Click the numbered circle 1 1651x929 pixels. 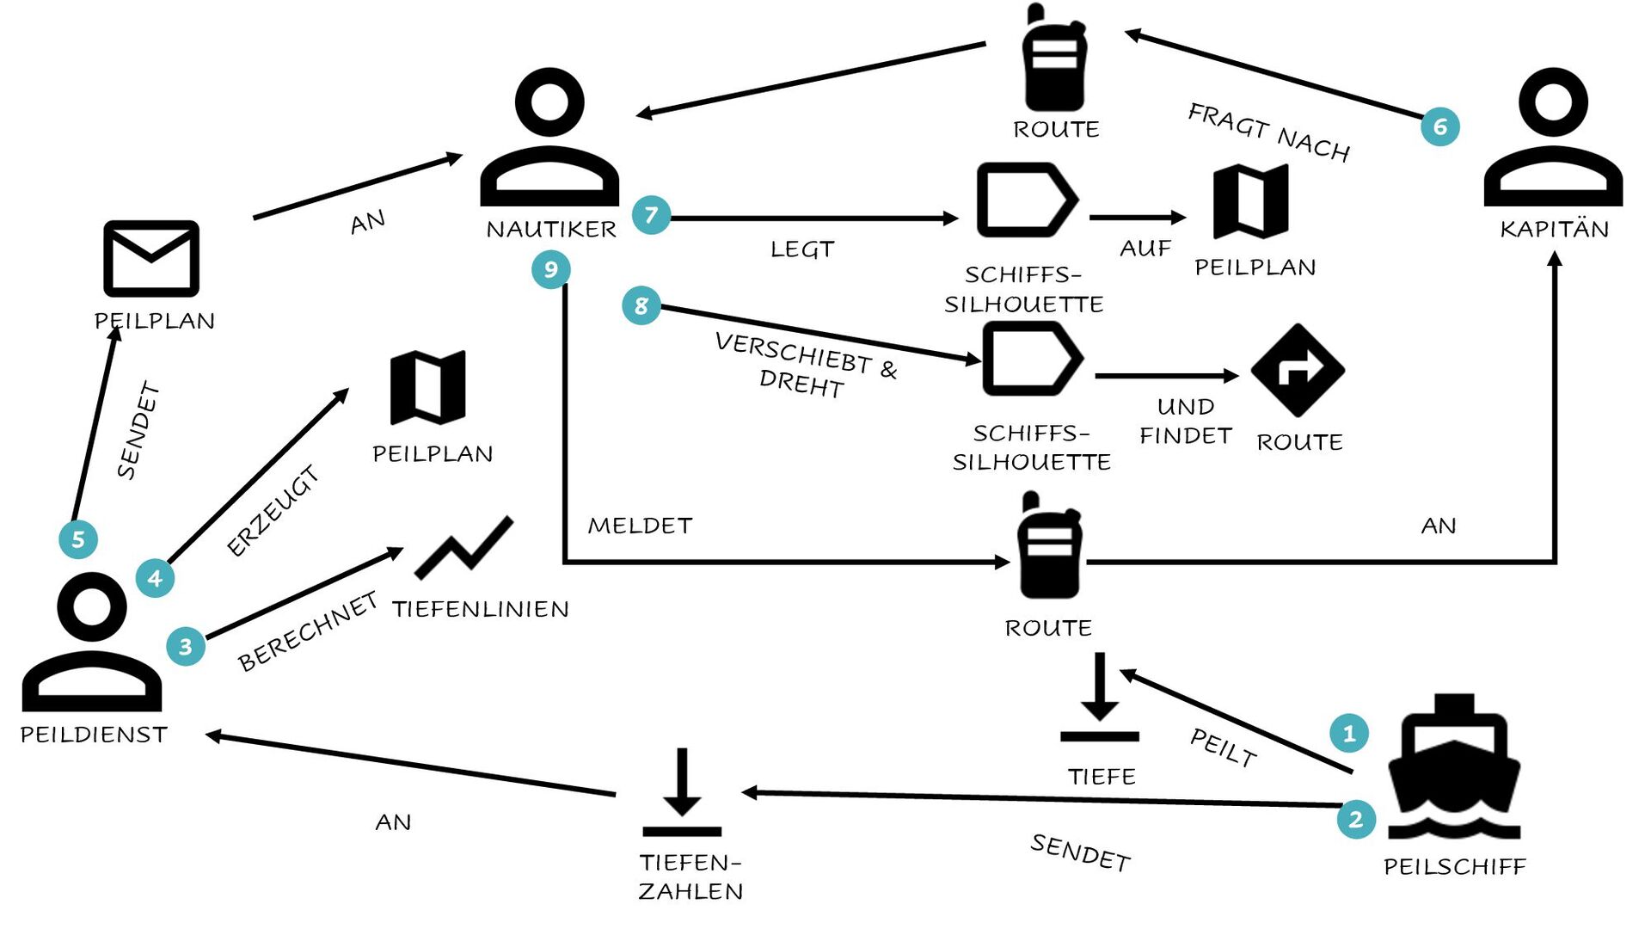click(1348, 733)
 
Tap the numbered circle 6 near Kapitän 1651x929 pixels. click(1440, 126)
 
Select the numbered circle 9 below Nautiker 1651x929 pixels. click(551, 269)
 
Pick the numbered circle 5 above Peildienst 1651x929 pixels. click(78, 539)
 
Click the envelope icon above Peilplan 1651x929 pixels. click(151, 258)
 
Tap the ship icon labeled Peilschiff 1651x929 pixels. click(1454, 766)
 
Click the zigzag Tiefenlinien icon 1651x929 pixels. click(463, 548)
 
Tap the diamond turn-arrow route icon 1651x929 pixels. click(1298, 370)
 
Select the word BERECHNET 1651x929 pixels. click(308, 631)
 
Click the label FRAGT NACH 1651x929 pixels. click(1269, 132)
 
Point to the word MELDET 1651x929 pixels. click(640, 526)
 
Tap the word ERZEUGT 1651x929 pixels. click(273, 510)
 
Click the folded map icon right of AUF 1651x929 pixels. click(1251, 201)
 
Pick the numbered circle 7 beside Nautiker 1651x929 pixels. click(651, 214)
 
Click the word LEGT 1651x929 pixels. click(802, 249)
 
